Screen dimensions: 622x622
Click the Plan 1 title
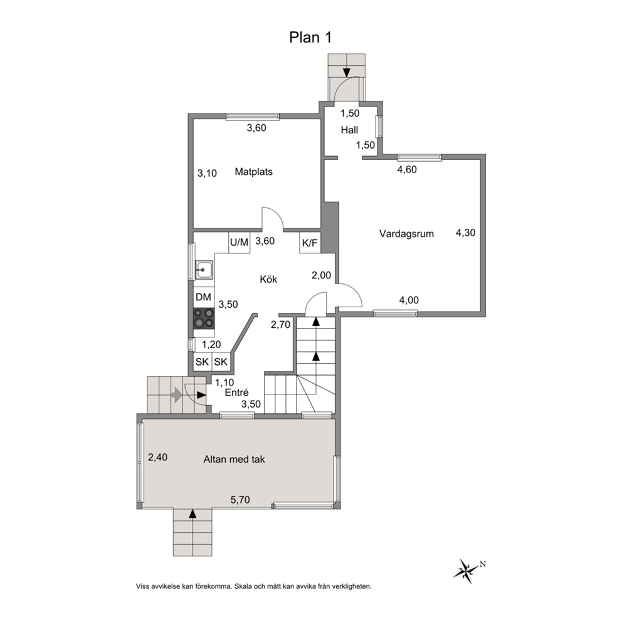[310, 37]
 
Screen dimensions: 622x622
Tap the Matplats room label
[253, 172]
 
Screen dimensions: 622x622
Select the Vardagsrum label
[406, 234]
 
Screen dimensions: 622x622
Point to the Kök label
[268, 279]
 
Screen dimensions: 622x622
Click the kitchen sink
[204, 270]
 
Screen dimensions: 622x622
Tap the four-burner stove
[204, 319]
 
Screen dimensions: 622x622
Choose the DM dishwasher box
[204, 297]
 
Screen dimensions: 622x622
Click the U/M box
[239, 242]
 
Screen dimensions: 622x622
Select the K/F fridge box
[310, 243]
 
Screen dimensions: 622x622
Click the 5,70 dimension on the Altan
[240, 500]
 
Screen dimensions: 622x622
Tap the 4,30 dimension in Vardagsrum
[465, 233]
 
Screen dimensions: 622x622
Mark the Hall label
[349, 130]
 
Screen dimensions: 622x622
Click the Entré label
[236, 393]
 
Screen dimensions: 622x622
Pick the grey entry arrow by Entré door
[177, 395]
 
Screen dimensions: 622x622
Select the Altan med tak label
[234, 460]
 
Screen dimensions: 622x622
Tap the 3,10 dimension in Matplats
[207, 173]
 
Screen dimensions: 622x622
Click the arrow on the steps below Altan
[192, 514]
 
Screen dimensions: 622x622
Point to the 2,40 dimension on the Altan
[157, 457]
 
